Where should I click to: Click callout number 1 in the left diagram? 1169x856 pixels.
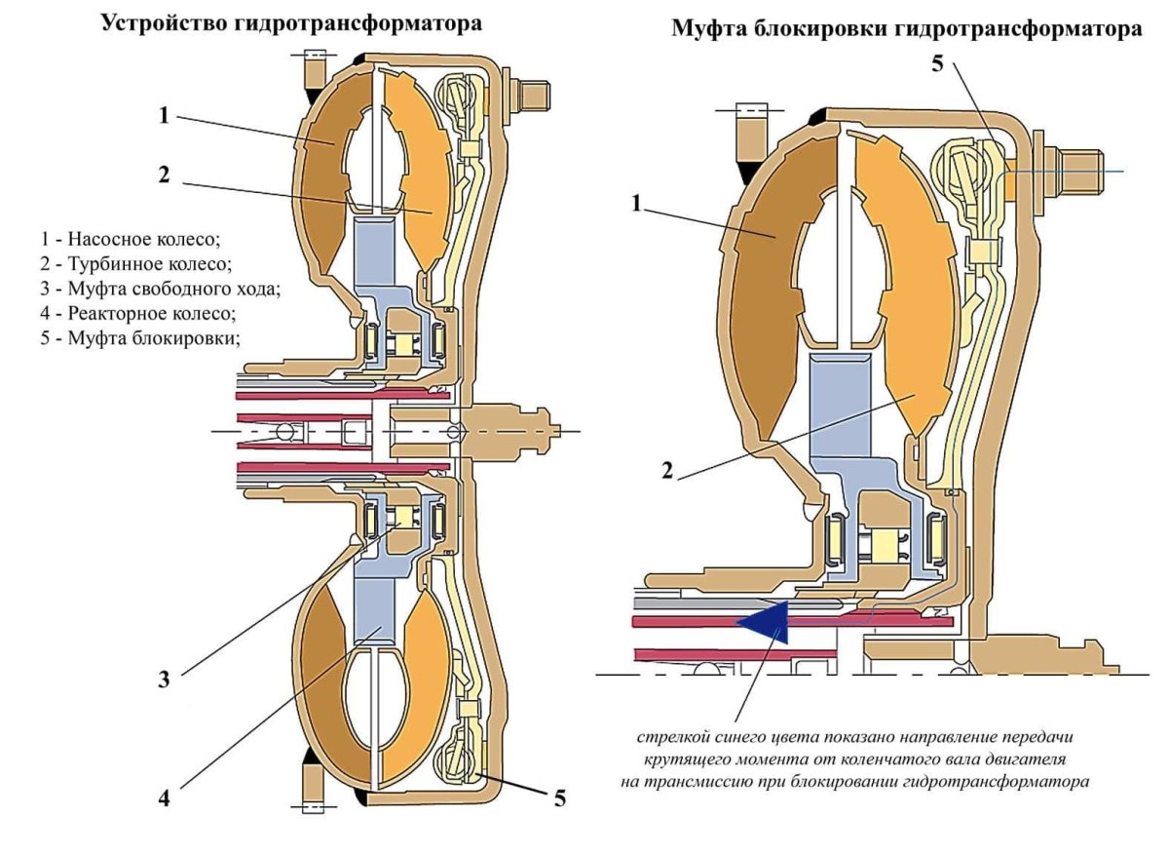click(166, 115)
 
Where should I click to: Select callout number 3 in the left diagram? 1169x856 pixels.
click(166, 679)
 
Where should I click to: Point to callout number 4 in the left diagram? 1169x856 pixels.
click(165, 798)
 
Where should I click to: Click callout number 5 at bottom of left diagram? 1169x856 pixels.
click(559, 798)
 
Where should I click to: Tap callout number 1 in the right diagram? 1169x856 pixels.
click(636, 204)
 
